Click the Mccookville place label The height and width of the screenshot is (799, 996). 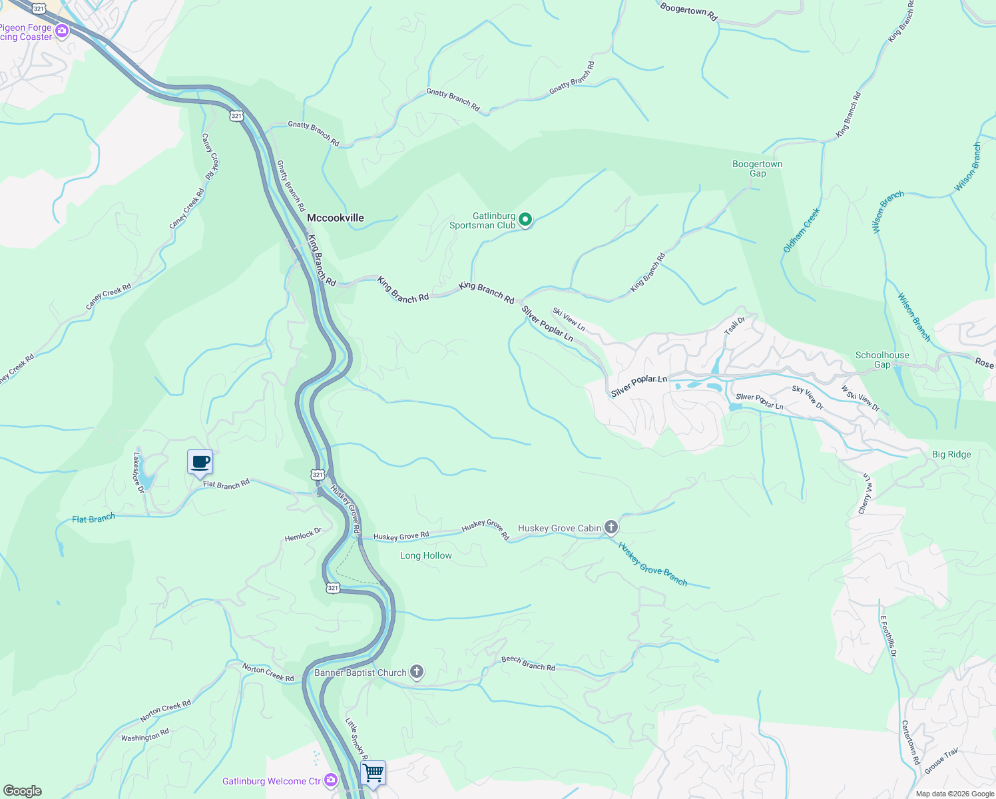click(x=336, y=218)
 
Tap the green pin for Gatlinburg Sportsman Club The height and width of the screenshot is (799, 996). click(x=525, y=219)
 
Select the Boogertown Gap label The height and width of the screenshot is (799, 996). click(x=757, y=169)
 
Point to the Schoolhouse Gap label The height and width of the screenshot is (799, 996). click(x=882, y=360)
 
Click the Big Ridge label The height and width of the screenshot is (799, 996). click(x=951, y=455)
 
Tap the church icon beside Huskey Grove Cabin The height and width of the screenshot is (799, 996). click(x=611, y=527)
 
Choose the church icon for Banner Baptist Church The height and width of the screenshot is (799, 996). click(x=417, y=672)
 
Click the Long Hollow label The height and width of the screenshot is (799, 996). click(x=426, y=556)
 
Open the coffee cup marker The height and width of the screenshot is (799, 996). click(x=200, y=461)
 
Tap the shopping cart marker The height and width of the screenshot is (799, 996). click(x=373, y=773)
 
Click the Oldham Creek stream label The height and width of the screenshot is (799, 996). click(x=802, y=230)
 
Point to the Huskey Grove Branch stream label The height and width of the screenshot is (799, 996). click(x=652, y=564)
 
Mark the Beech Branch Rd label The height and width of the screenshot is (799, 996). click(x=528, y=663)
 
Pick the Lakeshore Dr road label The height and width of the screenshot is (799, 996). click(x=138, y=473)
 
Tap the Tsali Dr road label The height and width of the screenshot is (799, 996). click(x=735, y=326)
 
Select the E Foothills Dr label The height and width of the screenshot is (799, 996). click(x=888, y=636)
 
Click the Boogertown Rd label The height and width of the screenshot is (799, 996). click(x=688, y=11)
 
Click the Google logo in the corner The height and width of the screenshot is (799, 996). click(x=23, y=791)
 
